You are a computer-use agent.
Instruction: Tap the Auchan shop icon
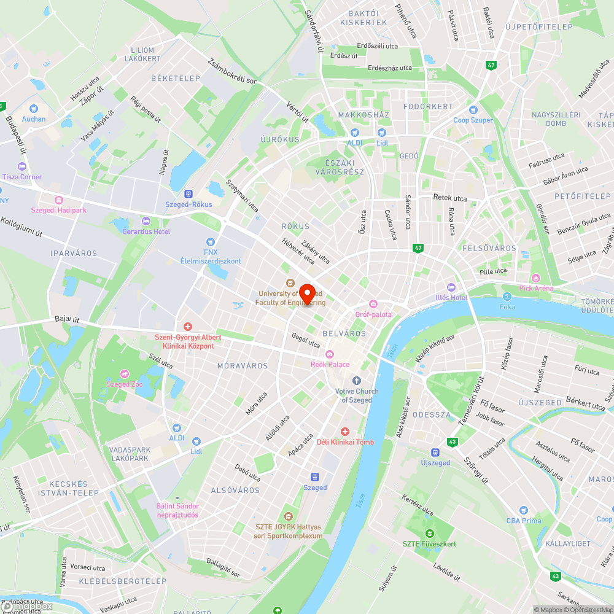coord(33,107)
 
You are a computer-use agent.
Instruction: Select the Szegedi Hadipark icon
coord(59,200)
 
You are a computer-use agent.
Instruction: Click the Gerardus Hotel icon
coord(146,221)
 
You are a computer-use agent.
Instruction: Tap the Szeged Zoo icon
coord(124,374)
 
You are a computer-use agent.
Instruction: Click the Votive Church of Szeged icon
coord(357,381)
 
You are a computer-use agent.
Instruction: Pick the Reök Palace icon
coord(330,354)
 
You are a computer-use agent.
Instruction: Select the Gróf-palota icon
coord(373,304)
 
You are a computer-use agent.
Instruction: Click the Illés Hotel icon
coord(451,287)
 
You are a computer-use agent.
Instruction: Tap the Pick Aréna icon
coord(535,278)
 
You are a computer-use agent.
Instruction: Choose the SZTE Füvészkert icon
coord(430,533)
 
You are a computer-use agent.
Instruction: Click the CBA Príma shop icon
coord(523,510)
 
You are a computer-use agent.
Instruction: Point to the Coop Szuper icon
coord(473,110)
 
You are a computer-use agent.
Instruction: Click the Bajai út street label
coord(67,319)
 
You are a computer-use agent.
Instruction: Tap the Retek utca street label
coord(450,198)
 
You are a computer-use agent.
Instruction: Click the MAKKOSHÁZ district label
coord(363,115)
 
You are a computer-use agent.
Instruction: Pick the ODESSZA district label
coord(431,414)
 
